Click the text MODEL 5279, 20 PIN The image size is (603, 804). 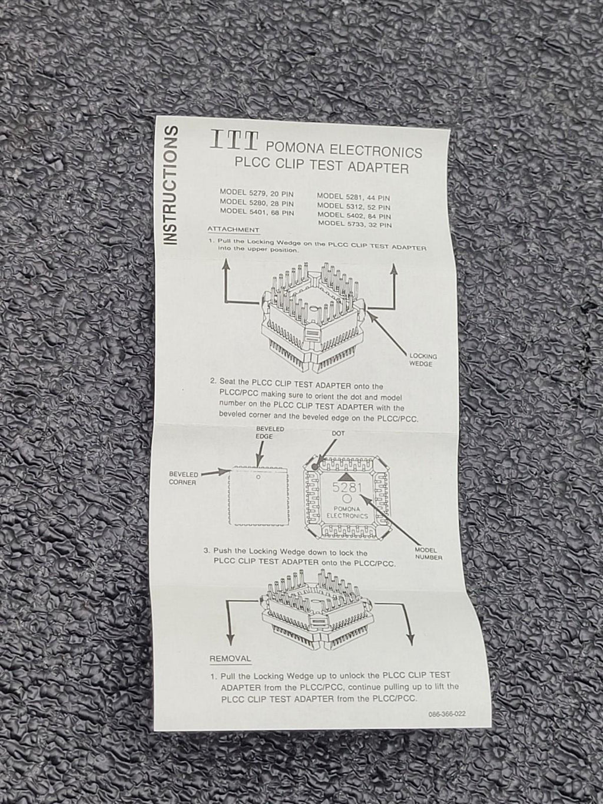pyautogui.click(x=256, y=193)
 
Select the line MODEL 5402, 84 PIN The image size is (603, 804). pyautogui.click(x=354, y=216)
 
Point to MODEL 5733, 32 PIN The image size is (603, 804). pyautogui.click(x=354, y=224)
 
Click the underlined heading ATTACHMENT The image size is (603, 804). pyautogui.click(x=233, y=230)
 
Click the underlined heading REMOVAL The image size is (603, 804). pyautogui.click(x=230, y=659)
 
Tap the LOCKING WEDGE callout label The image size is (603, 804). pyautogui.click(x=423, y=360)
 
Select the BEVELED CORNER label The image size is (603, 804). pyautogui.click(x=183, y=478)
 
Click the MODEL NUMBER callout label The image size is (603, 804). pyautogui.click(x=428, y=553)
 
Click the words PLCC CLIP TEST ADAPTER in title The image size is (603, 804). pyautogui.click(x=322, y=166)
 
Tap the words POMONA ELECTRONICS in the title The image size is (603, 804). pyautogui.click(x=344, y=150)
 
